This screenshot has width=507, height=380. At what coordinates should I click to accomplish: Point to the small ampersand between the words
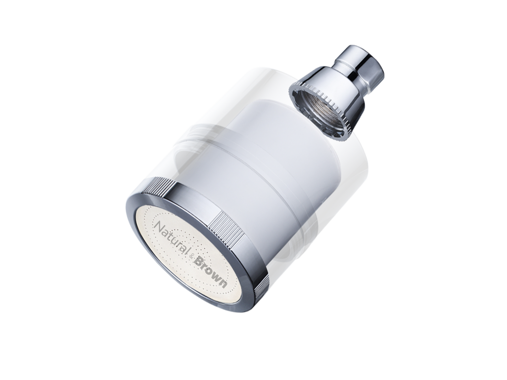pos(192,256)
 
